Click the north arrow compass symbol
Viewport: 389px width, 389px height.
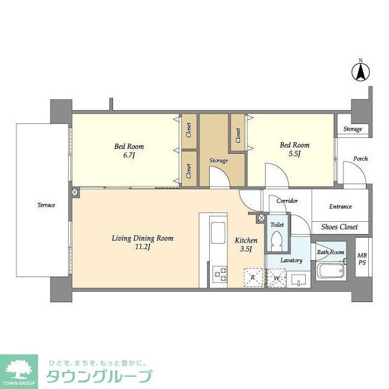(x=360, y=72)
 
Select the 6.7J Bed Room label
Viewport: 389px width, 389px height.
(x=129, y=150)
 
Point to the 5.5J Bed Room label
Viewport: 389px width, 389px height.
(x=294, y=150)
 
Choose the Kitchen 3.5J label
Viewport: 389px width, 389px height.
(x=246, y=245)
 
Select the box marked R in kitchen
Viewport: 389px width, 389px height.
(x=253, y=278)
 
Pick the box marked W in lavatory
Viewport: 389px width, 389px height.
(x=277, y=278)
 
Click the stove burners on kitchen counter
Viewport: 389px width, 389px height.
(x=219, y=277)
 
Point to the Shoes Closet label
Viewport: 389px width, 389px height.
(x=340, y=227)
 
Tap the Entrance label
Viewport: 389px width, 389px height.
(x=340, y=207)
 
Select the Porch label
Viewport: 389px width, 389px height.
(x=360, y=159)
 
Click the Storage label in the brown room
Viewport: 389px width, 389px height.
(x=218, y=161)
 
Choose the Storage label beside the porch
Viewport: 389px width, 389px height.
(x=353, y=129)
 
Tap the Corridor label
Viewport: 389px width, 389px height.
(x=286, y=201)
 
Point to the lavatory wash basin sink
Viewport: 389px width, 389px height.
(x=298, y=280)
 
